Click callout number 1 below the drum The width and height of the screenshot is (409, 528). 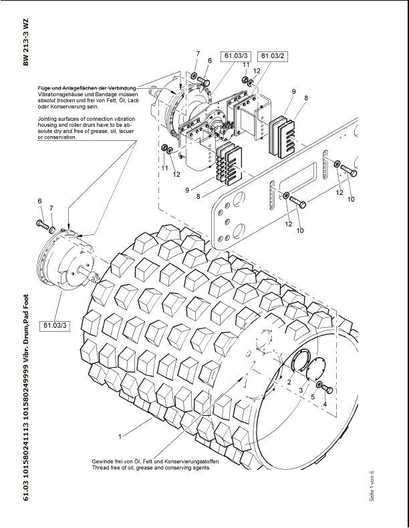(120, 437)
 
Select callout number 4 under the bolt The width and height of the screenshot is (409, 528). (325, 404)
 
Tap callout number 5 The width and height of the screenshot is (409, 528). (312, 397)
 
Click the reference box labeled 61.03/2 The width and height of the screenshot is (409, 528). (273, 55)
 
